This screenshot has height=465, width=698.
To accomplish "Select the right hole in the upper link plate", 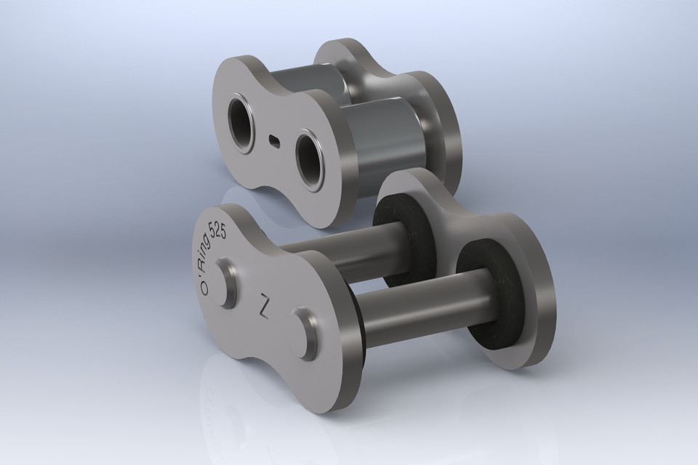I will point(311,153).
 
